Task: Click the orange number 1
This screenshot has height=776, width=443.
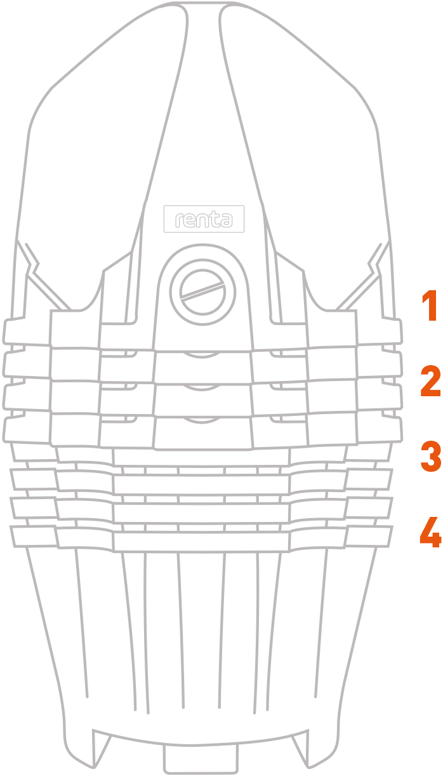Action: pyautogui.click(x=430, y=306)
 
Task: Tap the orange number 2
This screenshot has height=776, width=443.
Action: pyautogui.click(x=430, y=381)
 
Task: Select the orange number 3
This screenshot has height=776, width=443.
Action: pyautogui.click(x=431, y=456)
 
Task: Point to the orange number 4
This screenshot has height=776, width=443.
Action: pyautogui.click(x=430, y=532)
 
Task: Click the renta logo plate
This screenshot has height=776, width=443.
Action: pyautogui.click(x=204, y=219)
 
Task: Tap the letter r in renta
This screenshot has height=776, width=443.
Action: pyautogui.click(x=179, y=220)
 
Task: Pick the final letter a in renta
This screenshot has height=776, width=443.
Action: pyautogui.click(x=225, y=220)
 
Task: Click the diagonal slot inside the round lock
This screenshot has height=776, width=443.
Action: pyautogui.click(x=202, y=290)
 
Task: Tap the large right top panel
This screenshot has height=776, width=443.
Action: pyautogui.click(x=305, y=138)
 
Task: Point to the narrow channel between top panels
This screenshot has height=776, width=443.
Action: pyautogui.click(x=204, y=104)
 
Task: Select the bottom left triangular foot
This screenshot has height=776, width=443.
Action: pyautogui.click(x=100, y=747)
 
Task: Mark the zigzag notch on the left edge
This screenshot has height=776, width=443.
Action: pyautogui.click(x=31, y=264)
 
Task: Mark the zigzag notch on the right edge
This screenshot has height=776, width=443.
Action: pyautogui.click(x=374, y=264)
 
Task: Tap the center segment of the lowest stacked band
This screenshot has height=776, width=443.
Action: pyautogui.click(x=201, y=542)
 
